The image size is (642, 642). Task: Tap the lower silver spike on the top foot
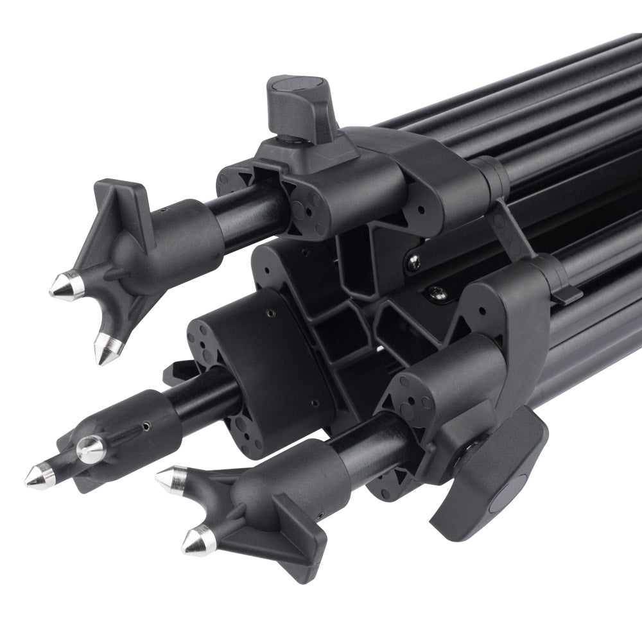click(x=107, y=348)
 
